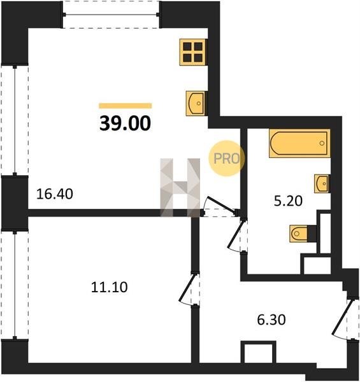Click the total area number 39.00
[126, 124]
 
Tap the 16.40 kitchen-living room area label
[55, 194]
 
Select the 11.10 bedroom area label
[109, 287]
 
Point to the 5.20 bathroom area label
[288, 201]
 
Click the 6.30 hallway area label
[271, 320]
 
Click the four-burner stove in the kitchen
[193, 52]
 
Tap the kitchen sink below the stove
[196, 103]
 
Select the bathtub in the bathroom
[299, 143]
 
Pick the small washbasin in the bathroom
[322, 184]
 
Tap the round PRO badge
[226, 159]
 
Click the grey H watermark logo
[180, 187]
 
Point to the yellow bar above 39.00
[126, 106]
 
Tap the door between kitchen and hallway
[219, 206]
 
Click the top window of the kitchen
[111, 15]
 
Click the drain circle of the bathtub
[322, 143]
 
